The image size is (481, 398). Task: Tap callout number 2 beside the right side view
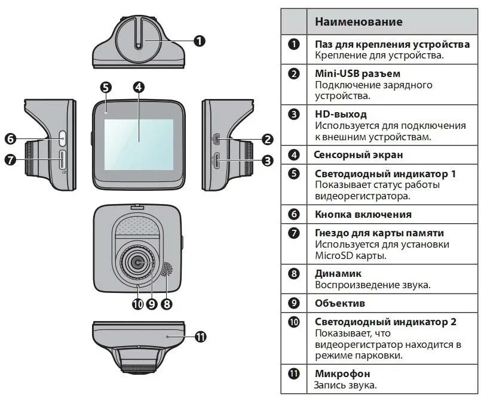[267, 140]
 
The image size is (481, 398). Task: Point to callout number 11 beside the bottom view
[200, 337]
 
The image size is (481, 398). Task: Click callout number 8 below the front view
[167, 304]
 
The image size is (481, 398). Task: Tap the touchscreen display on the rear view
[139, 144]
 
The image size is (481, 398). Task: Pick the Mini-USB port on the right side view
[217, 139]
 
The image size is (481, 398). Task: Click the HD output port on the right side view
[217, 160]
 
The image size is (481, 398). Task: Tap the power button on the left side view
[63, 138]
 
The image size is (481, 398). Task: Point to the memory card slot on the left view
[62, 159]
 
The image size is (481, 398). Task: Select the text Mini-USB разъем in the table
[353, 74]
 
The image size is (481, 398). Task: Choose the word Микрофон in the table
[342, 374]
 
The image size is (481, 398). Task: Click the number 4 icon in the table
[293, 155]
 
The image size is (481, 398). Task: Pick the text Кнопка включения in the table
[363, 214]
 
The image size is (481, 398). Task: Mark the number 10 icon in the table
[293, 322]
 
